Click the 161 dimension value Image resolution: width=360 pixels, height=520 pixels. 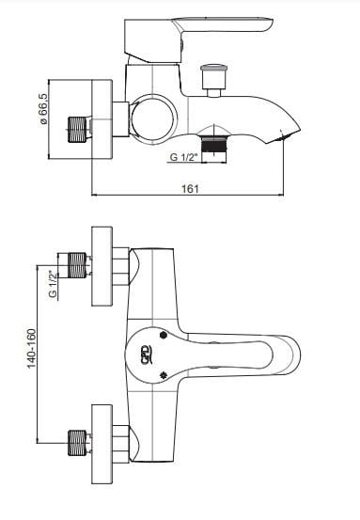[190, 188]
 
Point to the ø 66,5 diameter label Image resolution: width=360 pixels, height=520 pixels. [43, 109]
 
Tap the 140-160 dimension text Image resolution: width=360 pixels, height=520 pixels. [31, 348]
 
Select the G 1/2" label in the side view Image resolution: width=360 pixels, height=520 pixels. [183, 157]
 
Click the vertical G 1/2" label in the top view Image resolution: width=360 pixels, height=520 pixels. [53, 284]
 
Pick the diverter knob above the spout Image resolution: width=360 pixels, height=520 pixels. [214, 81]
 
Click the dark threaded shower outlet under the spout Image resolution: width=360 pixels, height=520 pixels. [213, 145]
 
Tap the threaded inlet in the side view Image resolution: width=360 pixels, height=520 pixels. [77, 130]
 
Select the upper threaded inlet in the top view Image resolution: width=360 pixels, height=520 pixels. [77, 265]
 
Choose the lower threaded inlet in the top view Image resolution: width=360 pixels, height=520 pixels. [77, 443]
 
